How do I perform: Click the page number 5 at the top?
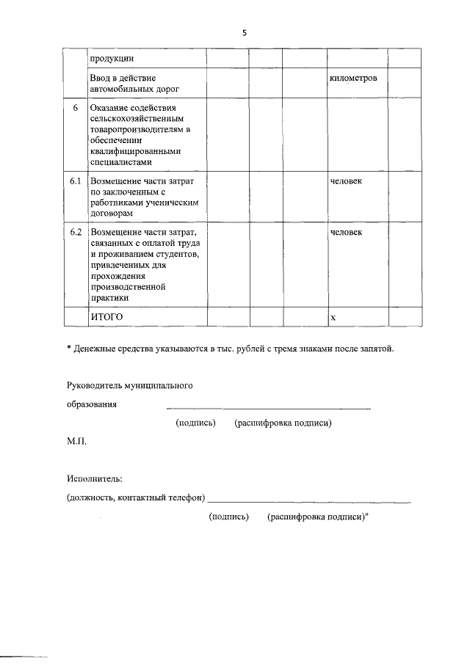[x=245, y=32]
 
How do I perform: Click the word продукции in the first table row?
[x=111, y=59]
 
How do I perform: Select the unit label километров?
[x=354, y=78]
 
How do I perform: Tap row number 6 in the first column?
[x=75, y=109]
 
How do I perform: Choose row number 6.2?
[x=75, y=232]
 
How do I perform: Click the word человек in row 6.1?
[x=347, y=180]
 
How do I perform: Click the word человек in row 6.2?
[x=347, y=232]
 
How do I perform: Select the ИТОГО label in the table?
[x=106, y=316]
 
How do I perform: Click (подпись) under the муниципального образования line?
[x=195, y=423]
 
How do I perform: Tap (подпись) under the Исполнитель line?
[x=229, y=517]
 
